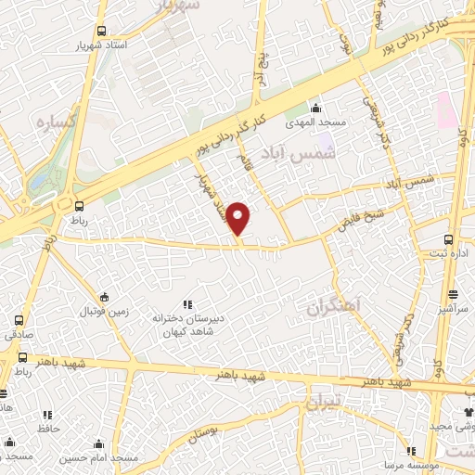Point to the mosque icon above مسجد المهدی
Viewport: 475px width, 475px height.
[x=316, y=107]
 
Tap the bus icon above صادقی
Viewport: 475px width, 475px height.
[x=19, y=320]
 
